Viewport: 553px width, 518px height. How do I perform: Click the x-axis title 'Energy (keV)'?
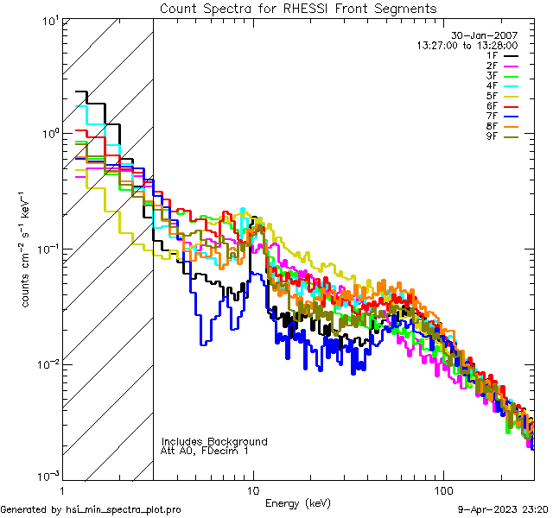click(x=298, y=503)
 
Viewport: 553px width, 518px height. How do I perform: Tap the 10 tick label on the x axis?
click(x=252, y=490)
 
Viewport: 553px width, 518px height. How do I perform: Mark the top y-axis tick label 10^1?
click(x=48, y=21)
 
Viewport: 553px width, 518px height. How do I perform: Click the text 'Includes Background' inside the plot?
click(x=214, y=441)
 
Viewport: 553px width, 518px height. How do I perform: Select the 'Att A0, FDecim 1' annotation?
click(x=205, y=451)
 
